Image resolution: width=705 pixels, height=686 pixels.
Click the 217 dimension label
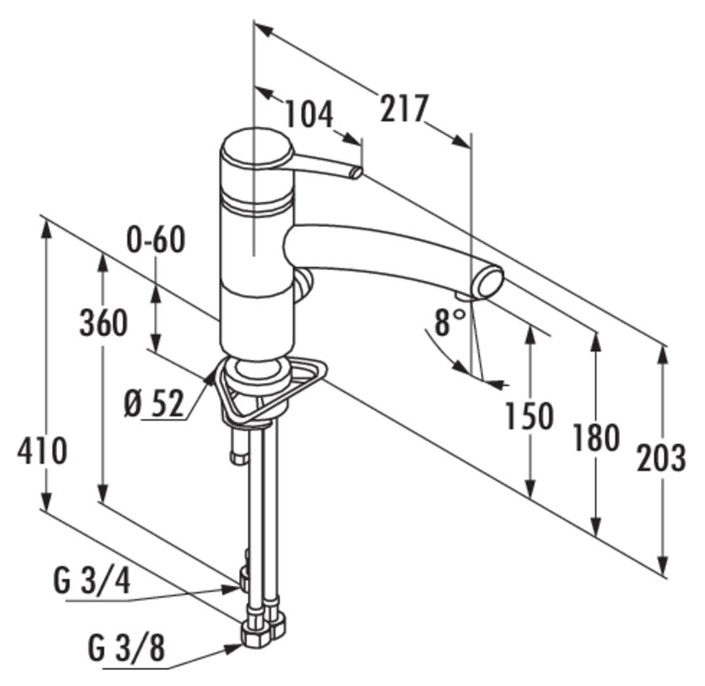403,108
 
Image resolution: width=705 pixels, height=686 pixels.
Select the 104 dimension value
309,114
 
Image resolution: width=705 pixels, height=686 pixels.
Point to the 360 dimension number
104,323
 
